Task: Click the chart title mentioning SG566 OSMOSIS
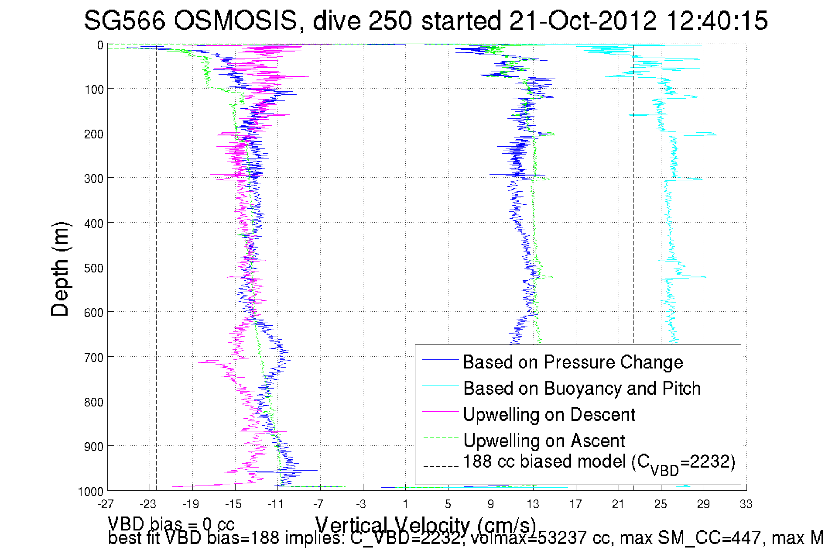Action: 425,21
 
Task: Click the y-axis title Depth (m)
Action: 60,269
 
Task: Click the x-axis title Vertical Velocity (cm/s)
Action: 425,525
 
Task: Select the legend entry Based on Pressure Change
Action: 572,362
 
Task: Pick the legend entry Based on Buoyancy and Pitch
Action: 582,389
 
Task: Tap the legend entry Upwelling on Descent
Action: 549,415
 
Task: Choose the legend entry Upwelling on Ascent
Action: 544,441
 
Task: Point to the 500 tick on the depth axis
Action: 94,268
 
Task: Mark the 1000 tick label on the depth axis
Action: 91,492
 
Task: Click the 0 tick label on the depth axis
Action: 100,45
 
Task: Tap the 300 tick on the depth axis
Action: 94,179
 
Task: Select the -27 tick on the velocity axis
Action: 106,505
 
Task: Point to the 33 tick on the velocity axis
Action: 746,505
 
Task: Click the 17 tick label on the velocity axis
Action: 575,505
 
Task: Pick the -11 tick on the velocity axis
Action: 276,505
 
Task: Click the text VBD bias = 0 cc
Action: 171,524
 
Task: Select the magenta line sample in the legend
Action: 440,411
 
